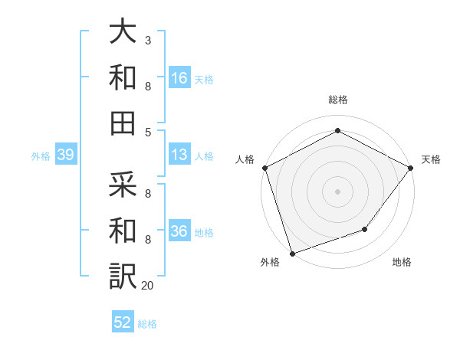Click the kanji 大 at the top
click(x=123, y=33)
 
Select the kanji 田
click(x=123, y=123)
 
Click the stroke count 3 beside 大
click(x=147, y=39)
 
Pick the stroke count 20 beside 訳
click(x=148, y=286)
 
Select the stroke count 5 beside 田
click(x=147, y=132)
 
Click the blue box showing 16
click(x=179, y=77)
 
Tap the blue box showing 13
click(x=179, y=155)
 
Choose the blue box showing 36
click(x=179, y=231)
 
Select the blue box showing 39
click(x=65, y=155)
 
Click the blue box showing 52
click(x=123, y=322)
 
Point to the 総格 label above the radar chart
click(x=337, y=100)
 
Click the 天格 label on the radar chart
click(x=431, y=159)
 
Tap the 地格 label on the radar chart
click(x=402, y=262)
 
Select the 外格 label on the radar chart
click(x=270, y=262)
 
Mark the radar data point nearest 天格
click(x=412, y=167)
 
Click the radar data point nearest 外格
click(x=292, y=254)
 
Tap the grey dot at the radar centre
click(x=337, y=191)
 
